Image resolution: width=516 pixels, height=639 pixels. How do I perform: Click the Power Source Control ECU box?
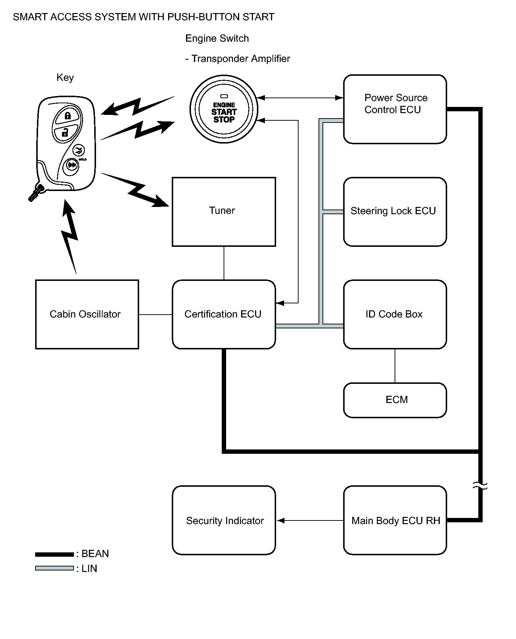pyautogui.click(x=395, y=109)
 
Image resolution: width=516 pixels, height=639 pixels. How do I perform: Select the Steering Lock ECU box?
pyautogui.click(x=395, y=212)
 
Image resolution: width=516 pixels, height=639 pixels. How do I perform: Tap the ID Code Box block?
pyautogui.click(x=395, y=314)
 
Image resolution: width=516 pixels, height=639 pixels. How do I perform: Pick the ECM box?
pyautogui.click(x=395, y=400)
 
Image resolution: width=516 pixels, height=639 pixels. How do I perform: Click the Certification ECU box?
pyautogui.click(x=224, y=314)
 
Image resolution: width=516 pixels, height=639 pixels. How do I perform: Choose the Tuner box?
pyautogui.click(x=224, y=212)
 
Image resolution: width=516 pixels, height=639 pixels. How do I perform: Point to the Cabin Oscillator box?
pyautogui.click(x=87, y=314)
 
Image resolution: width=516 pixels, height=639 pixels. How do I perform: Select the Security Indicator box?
pyautogui.click(x=224, y=520)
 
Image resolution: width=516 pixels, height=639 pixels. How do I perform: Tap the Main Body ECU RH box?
pyautogui.click(x=395, y=520)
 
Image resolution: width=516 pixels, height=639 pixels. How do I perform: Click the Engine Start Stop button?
pyautogui.click(x=224, y=109)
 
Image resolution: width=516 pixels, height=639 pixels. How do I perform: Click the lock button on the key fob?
pyautogui.click(x=67, y=116)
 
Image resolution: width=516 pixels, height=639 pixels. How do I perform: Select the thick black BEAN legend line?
pyautogui.click(x=54, y=554)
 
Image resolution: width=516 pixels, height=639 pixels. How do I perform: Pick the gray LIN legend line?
pyautogui.click(x=54, y=568)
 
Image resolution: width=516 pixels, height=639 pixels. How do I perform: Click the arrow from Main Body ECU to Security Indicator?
pyautogui.click(x=310, y=520)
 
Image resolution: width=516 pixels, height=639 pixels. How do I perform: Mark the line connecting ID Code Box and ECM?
pyautogui.click(x=395, y=366)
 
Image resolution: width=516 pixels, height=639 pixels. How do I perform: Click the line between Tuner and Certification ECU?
pyautogui.click(x=224, y=263)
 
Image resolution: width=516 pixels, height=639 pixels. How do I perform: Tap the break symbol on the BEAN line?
pyautogui.click(x=480, y=486)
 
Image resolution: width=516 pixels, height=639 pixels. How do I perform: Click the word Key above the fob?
pyautogui.click(x=65, y=78)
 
